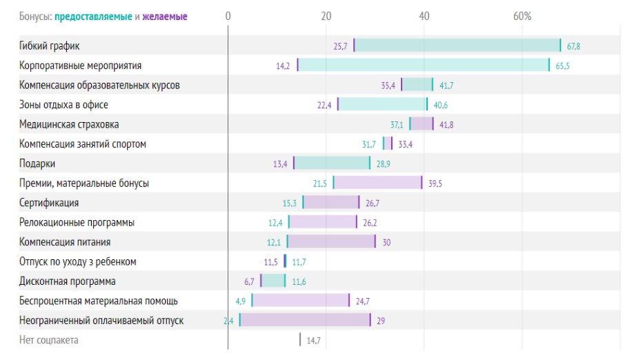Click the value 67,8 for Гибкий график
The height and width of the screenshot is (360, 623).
click(x=574, y=46)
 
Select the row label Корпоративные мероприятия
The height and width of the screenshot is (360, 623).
click(x=81, y=66)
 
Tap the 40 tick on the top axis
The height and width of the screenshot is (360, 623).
click(x=424, y=16)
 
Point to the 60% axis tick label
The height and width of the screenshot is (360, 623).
click(x=522, y=16)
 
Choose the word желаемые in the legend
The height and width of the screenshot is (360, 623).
click(x=165, y=16)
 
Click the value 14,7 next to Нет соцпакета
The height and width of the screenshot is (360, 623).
click(x=314, y=340)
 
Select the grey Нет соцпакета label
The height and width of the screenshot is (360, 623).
click(x=49, y=340)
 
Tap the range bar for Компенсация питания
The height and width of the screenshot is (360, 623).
click(x=331, y=242)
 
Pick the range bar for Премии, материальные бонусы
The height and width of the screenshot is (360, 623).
click(x=377, y=183)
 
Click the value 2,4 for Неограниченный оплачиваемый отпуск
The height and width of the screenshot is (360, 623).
click(x=228, y=321)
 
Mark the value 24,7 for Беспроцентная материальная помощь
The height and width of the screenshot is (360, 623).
click(x=363, y=301)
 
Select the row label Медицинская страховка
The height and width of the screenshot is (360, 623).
click(x=69, y=124)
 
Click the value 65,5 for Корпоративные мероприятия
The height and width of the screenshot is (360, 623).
click(x=563, y=66)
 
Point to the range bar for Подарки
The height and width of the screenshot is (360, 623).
click(x=332, y=163)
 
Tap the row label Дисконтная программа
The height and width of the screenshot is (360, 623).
click(x=68, y=281)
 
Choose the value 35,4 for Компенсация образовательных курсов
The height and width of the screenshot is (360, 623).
click(x=388, y=86)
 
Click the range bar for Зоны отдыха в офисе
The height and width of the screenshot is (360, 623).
click(x=382, y=105)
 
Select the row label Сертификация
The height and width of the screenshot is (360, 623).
click(x=49, y=203)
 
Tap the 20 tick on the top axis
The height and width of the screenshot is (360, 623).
click(x=326, y=16)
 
